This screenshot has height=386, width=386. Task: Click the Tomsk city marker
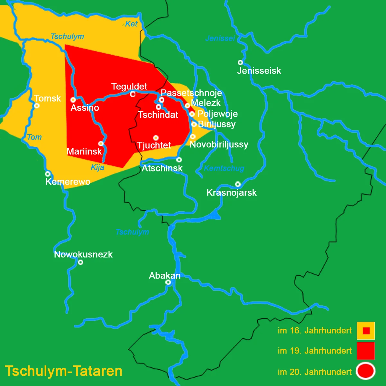tap(37, 106)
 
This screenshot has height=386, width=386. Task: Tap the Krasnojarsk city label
tap(232, 193)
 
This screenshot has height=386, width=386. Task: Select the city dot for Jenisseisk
tap(240, 62)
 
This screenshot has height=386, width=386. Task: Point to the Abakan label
tap(165, 276)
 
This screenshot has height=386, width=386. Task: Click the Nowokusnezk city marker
tap(81, 262)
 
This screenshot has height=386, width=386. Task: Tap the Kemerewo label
tap(68, 182)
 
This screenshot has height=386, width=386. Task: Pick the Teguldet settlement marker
tap(133, 94)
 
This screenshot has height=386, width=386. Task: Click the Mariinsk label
tap(84, 151)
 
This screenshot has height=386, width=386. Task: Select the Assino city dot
tap(73, 100)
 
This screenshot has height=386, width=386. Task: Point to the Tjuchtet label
tap(154, 145)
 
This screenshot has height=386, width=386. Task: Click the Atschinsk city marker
tap(179, 160)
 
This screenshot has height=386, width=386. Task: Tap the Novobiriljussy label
tap(219, 144)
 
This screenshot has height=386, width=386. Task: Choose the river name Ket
tap(131, 24)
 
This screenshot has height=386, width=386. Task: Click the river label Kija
tap(97, 167)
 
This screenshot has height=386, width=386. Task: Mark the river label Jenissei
tap(220, 39)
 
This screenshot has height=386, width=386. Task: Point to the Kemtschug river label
tap(224, 168)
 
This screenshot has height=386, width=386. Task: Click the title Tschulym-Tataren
tap(64, 371)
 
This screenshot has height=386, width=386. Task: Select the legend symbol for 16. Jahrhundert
tap(366, 331)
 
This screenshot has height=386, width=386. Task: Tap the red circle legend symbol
tap(366, 371)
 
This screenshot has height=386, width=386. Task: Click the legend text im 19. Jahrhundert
tap(315, 351)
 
